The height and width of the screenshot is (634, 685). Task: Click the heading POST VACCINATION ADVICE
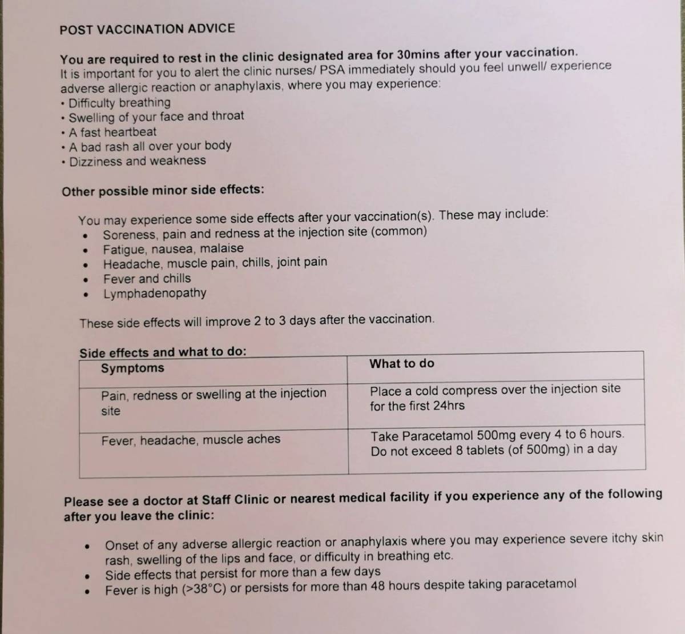[147, 29]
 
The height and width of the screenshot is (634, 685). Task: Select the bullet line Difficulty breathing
[119, 103]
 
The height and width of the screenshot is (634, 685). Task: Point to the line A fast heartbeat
[112, 132]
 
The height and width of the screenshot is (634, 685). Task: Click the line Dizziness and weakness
[137, 161]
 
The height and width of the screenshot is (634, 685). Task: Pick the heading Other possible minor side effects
[163, 191]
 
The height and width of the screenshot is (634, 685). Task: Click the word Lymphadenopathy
[155, 294]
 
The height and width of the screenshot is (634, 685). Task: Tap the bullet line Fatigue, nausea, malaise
[173, 249]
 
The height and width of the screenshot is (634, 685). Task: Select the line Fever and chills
[147, 279]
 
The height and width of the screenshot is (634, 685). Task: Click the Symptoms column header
[132, 368]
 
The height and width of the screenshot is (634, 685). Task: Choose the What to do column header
[402, 364]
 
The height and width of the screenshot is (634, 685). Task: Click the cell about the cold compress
[494, 398]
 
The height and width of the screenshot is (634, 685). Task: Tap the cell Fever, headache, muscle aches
[191, 440]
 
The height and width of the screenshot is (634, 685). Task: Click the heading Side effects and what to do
[163, 352]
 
